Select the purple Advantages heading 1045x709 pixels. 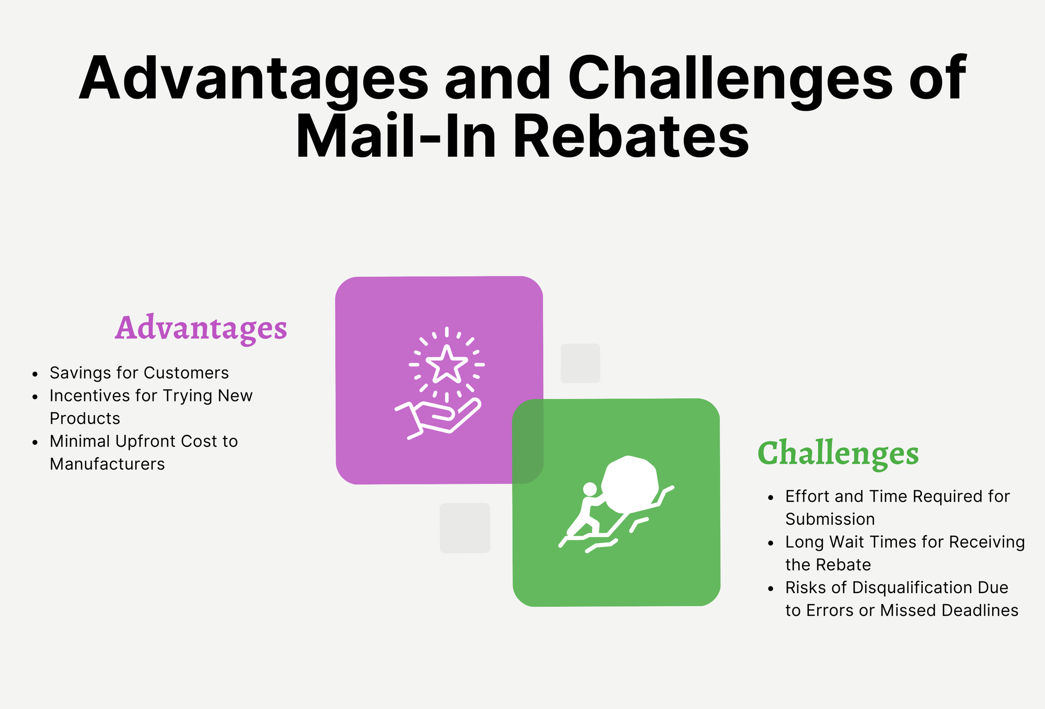[201, 328]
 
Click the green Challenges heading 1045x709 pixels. [838, 453]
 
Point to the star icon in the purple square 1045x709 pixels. [447, 364]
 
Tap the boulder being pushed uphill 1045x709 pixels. [630, 483]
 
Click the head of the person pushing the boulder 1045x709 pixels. [590, 489]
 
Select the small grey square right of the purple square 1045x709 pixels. [580, 363]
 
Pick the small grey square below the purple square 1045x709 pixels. [465, 528]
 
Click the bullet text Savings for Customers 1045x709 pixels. [139, 373]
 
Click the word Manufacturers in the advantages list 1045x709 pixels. [107, 464]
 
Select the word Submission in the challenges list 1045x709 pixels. [830, 519]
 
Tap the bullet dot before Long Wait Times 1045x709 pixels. [771, 543]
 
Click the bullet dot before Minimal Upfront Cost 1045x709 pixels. [35, 442]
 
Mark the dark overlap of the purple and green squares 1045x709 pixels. [528, 441]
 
